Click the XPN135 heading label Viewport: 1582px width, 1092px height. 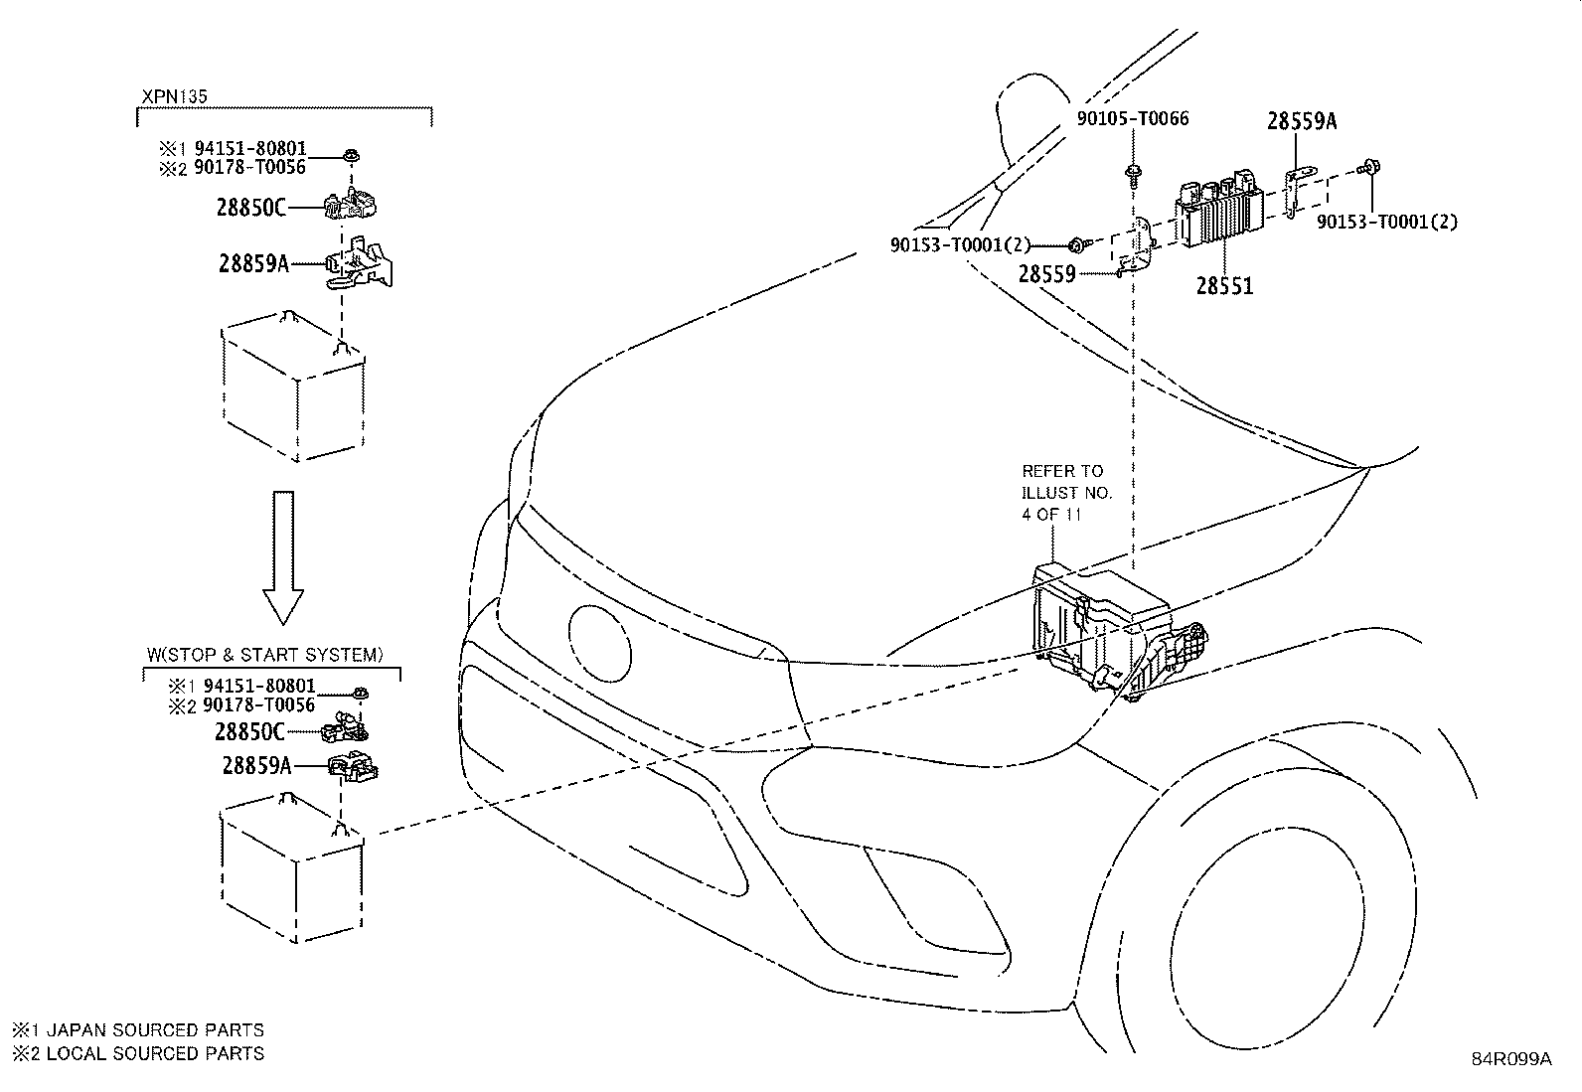click(175, 96)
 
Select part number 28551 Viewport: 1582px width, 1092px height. click(1224, 285)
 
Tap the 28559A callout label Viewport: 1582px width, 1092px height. click(1302, 121)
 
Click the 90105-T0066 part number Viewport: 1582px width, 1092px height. click(1133, 118)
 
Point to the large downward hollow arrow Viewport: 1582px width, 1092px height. click(283, 557)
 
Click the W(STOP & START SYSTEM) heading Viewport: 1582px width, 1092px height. click(265, 655)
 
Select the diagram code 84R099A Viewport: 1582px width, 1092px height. click(1512, 1059)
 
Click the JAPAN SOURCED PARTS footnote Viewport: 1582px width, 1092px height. click(138, 1029)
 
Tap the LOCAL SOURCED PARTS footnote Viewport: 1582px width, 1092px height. click(138, 1053)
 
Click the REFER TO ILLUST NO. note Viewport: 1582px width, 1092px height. click(1066, 492)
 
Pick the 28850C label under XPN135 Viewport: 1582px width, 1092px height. click(250, 208)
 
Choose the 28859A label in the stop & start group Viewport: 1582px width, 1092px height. click(256, 766)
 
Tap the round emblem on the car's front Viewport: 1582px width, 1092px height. click(599, 644)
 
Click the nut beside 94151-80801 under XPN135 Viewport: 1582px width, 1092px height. click(350, 155)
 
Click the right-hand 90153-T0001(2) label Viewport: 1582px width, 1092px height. click(1387, 222)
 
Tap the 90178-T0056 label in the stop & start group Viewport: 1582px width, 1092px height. click(258, 704)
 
